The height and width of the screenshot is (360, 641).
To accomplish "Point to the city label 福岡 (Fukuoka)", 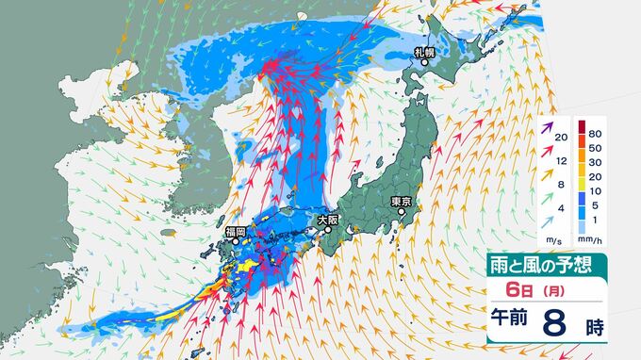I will click(x=235, y=231).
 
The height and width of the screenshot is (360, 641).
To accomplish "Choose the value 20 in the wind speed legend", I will click(x=561, y=139).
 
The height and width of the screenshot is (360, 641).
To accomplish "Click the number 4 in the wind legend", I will click(x=562, y=208).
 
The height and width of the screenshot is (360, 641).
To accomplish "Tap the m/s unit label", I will click(x=550, y=239).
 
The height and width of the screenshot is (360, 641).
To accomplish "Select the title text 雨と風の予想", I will click(x=537, y=264).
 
